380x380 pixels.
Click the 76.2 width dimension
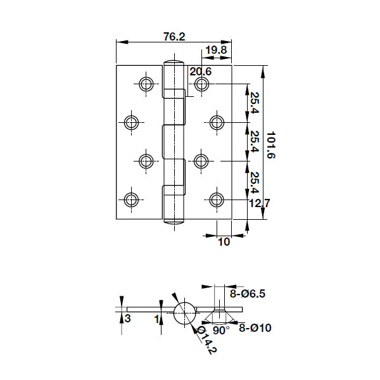tap(174, 37)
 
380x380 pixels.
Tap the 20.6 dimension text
tap(200, 72)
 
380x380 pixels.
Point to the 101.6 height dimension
tap(271, 145)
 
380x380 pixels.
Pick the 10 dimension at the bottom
tap(223, 241)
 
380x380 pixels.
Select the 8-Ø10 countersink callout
tap(255, 327)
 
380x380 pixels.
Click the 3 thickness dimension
tap(127, 319)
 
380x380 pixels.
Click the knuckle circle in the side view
tap(184, 313)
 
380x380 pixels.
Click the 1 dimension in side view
tap(156, 319)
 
